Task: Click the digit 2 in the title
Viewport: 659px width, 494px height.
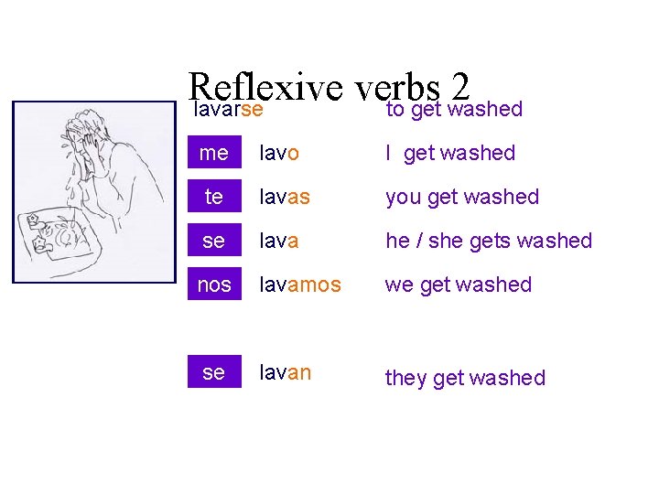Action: click(459, 88)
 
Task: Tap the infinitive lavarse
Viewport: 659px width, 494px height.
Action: click(230, 109)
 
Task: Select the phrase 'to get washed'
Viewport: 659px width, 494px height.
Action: click(453, 109)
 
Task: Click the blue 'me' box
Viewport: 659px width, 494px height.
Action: click(213, 153)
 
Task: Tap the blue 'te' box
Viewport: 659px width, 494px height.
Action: click(213, 197)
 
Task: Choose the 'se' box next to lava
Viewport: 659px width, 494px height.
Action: click(213, 241)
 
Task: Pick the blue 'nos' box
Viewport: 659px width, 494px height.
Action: click(213, 285)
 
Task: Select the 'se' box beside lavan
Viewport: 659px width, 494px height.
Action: click(213, 372)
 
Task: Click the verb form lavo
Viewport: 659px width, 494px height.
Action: click(279, 153)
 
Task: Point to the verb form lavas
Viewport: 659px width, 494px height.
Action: click(284, 197)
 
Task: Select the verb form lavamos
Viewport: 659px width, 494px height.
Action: click(300, 285)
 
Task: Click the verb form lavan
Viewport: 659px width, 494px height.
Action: click(285, 372)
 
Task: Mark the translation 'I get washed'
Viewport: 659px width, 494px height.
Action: click(450, 154)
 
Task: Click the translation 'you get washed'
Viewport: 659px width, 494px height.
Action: click(462, 197)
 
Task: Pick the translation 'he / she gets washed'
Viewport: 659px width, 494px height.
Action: click(489, 241)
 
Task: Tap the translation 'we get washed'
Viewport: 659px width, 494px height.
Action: click(458, 285)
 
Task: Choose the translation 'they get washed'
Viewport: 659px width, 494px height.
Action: click(465, 378)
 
